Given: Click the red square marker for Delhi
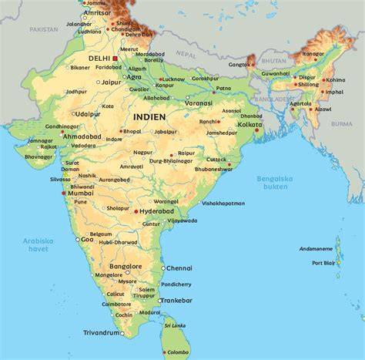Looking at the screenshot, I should point(116,58).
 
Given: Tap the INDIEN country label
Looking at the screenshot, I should point(149,116).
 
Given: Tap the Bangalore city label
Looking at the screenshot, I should point(126,266).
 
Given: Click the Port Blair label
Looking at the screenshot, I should point(323,264).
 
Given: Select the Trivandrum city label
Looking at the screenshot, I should point(102,333).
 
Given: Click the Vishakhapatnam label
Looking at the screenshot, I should point(223,204).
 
